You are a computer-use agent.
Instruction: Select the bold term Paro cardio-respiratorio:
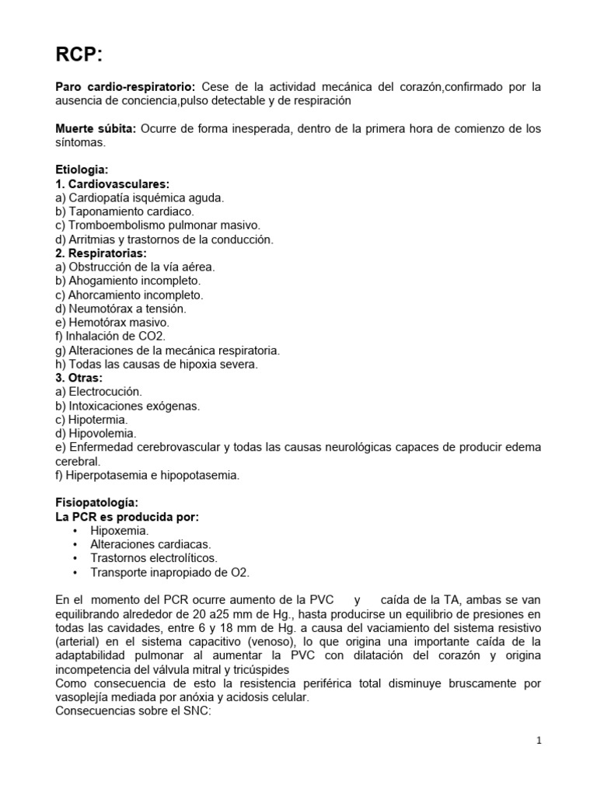click(124, 87)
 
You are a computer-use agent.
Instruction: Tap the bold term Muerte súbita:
click(96, 128)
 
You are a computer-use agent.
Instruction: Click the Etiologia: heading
click(82, 169)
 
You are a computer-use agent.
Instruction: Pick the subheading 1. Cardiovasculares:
click(112, 183)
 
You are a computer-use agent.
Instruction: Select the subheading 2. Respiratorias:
click(101, 253)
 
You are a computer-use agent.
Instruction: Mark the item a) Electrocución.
click(99, 392)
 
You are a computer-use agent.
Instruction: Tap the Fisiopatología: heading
click(96, 503)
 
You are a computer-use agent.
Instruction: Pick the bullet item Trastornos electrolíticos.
click(153, 559)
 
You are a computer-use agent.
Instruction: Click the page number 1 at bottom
click(539, 741)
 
